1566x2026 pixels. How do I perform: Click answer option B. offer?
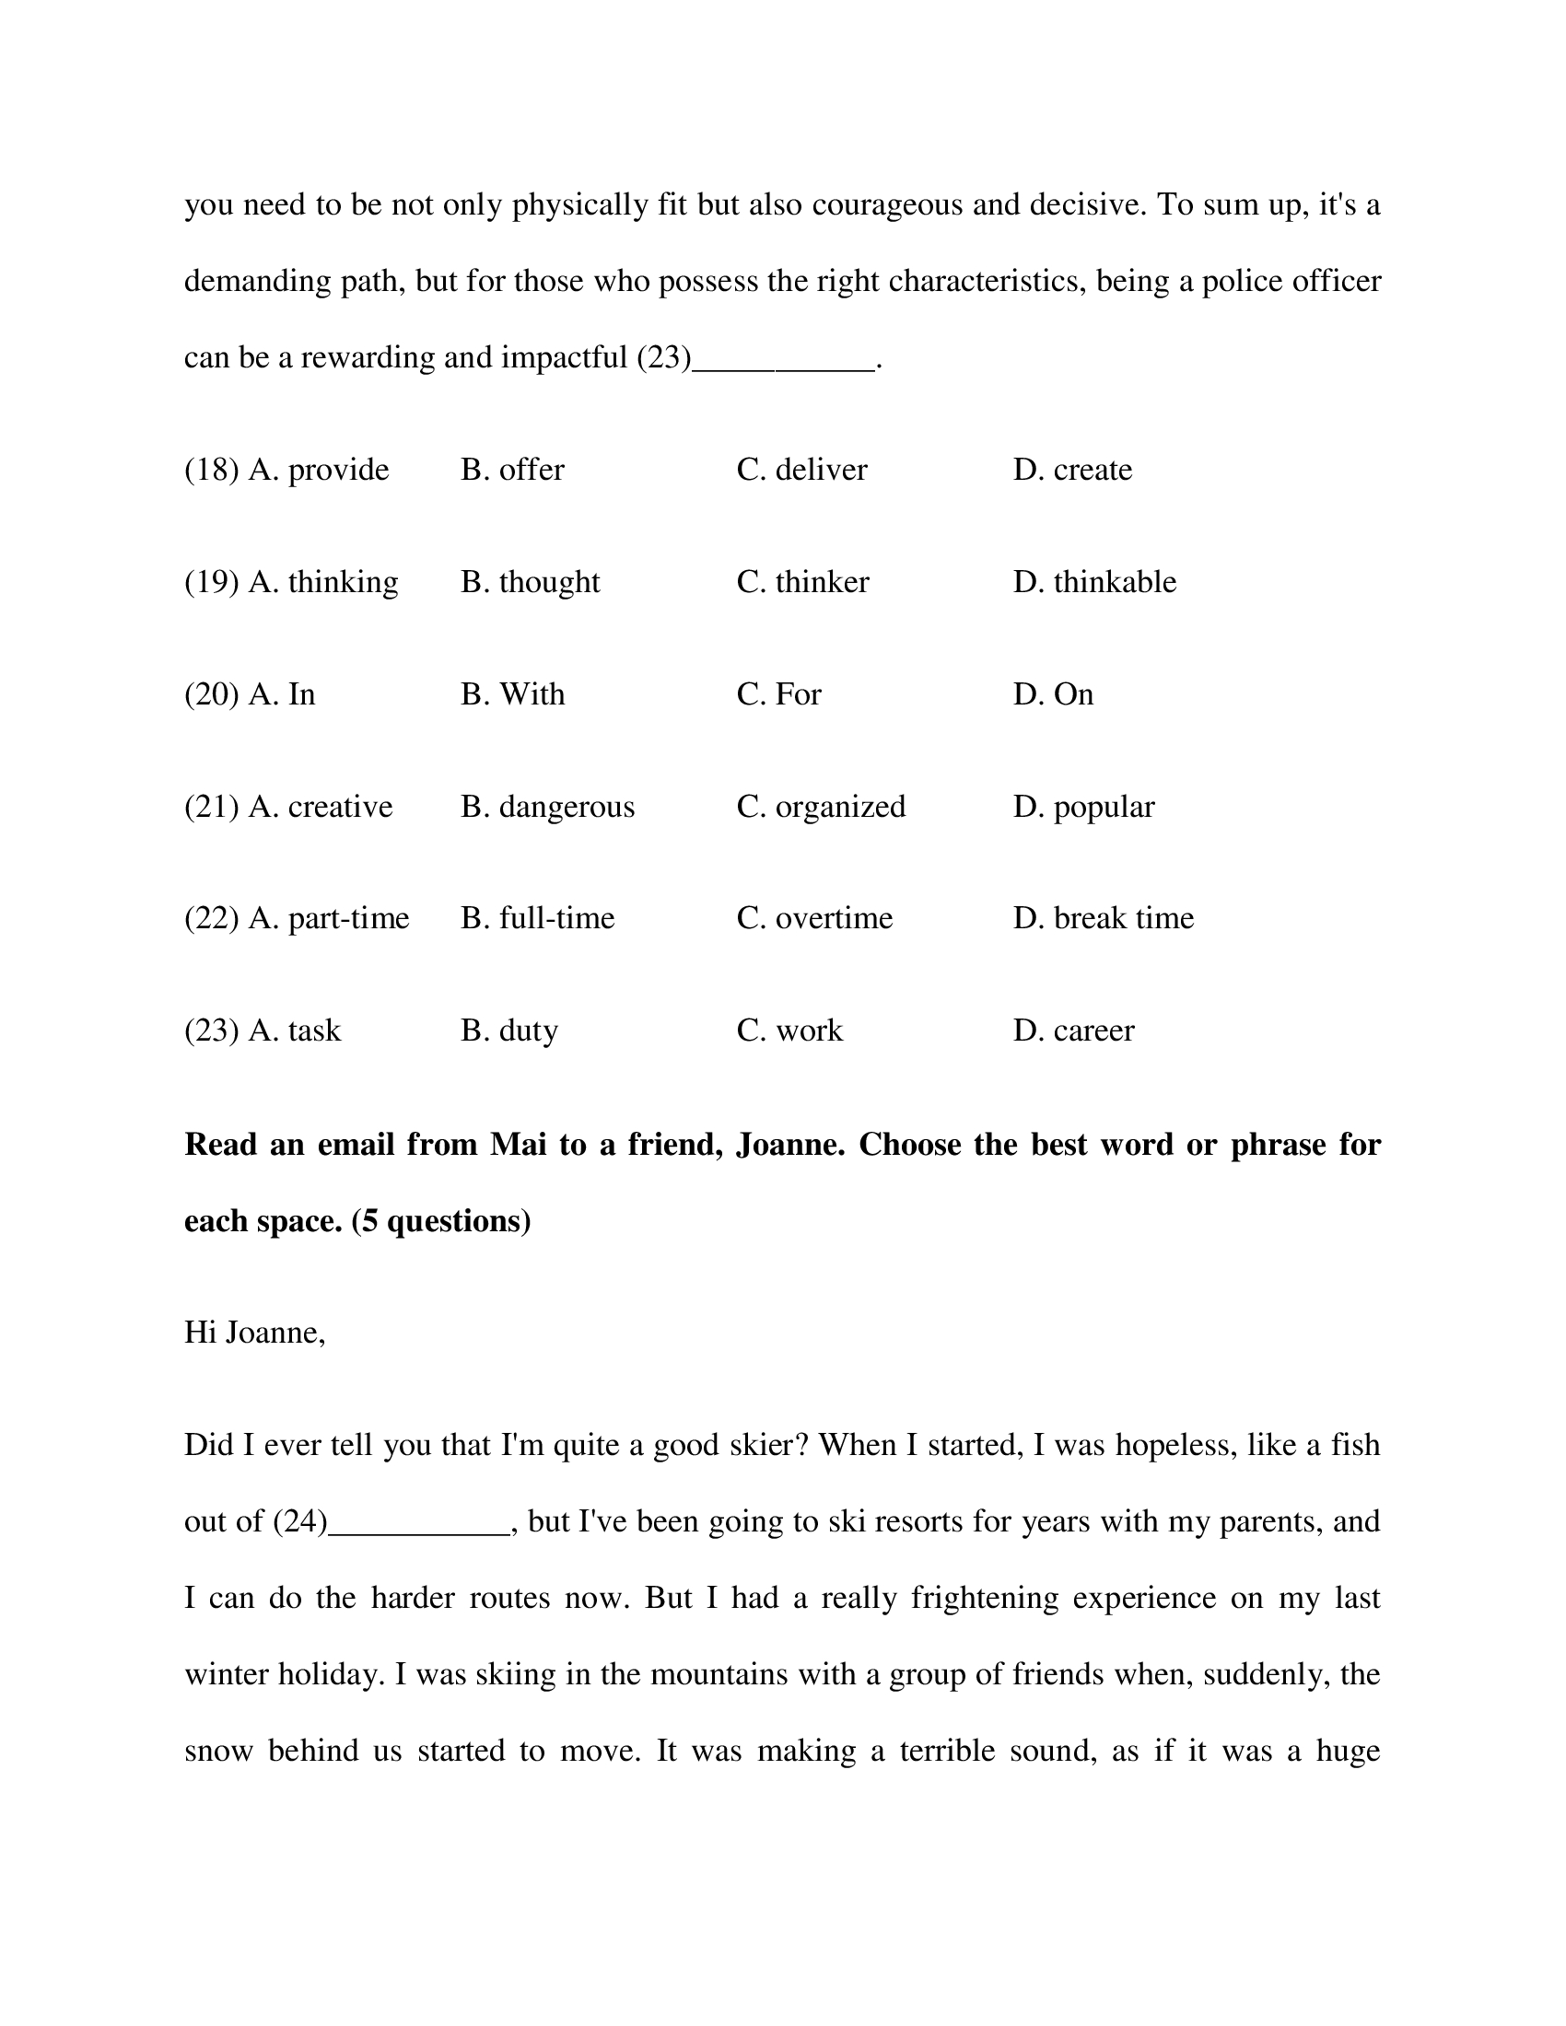coord(512,470)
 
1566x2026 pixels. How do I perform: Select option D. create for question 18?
coord(1072,470)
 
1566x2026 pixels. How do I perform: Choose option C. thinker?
coord(802,582)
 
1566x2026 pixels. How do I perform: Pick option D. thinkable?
coord(1094,582)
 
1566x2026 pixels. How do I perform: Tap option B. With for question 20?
coord(512,693)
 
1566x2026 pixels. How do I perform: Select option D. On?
coord(1053,693)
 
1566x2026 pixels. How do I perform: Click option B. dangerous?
coord(547,806)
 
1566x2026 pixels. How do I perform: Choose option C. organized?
coord(821,806)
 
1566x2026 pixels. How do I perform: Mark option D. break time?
coord(1103,917)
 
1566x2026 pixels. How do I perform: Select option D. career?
coord(1073,1030)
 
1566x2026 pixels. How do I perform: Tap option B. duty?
coord(509,1030)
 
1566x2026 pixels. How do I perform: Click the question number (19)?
coord(212,582)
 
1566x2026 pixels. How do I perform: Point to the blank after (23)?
coord(784,360)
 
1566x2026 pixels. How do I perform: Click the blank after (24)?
coord(419,1524)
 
